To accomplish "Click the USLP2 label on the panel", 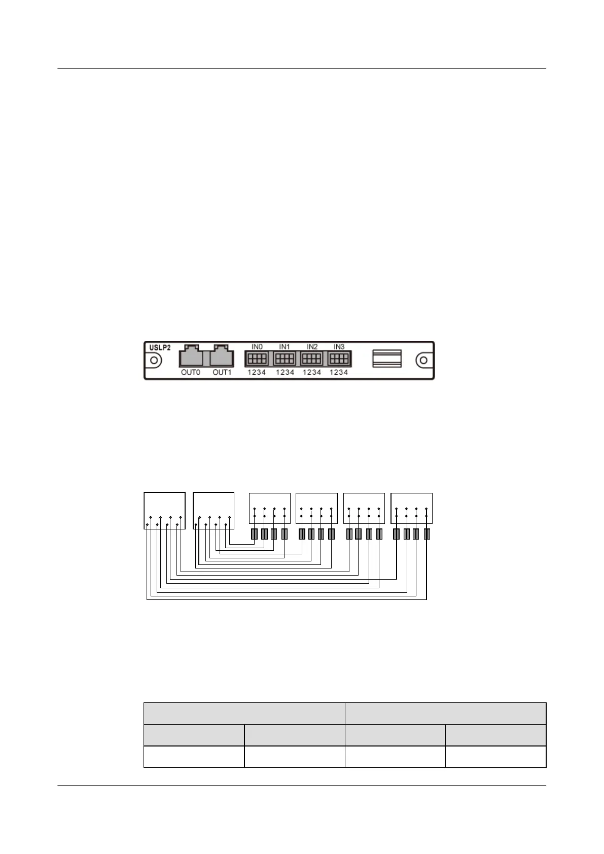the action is coord(160,348).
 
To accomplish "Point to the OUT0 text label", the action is coord(191,372).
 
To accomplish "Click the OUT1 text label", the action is coord(222,372).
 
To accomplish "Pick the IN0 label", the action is coord(257,347).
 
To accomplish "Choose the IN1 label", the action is coord(285,347).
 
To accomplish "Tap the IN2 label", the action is coord(312,347).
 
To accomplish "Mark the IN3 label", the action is coord(339,347).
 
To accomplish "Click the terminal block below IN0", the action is coord(257,359).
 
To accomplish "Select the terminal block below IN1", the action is coord(285,359).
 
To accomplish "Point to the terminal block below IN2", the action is coord(312,359).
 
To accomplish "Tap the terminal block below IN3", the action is coord(339,359).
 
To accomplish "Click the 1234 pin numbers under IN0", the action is coord(257,372).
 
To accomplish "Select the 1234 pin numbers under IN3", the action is coord(339,372).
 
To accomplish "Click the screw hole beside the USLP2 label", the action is coord(154,361).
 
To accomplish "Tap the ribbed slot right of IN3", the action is coord(387,358).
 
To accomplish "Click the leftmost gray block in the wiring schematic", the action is coord(255,534).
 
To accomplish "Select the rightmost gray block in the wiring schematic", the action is coord(427,534).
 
